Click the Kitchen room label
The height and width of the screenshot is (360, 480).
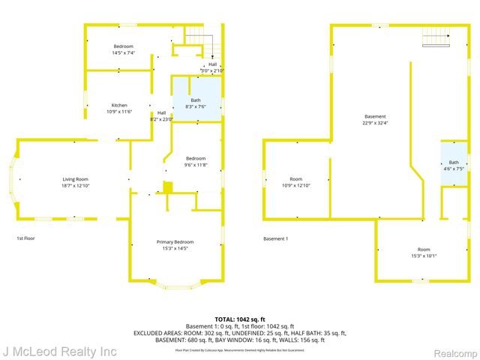click(119, 105)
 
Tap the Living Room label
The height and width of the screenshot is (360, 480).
click(75, 179)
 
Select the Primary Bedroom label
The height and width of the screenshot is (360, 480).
click(175, 241)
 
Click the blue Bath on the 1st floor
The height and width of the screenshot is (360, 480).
click(196, 103)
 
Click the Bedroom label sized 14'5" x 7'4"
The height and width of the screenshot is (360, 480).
click(123, 46)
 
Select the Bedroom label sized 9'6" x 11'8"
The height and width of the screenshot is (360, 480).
click(196, 158)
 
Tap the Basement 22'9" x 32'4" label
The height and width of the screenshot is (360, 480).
click(375, 117)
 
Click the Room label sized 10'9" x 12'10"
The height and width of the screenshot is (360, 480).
click(296, 179)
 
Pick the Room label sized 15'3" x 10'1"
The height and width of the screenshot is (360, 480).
click(424, 249)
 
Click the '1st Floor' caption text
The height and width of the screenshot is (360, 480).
click(26, 238)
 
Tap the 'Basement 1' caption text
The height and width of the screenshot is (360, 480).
click(275, 238)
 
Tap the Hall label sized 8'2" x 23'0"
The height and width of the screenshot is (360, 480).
click(161, 115)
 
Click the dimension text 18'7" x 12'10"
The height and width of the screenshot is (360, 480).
click(75, 184)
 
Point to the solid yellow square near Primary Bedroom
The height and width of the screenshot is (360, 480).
click(168, 187)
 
